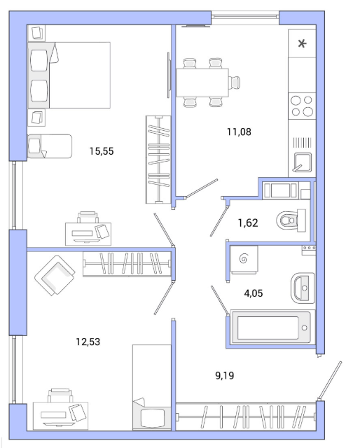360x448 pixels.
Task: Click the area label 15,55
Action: [102, 151]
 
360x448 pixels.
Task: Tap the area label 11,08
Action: [239, 132]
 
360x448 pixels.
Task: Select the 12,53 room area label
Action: [88, 342]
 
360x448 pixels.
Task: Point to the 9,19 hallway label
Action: [224, 375]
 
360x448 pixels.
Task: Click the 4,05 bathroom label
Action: [254, 293]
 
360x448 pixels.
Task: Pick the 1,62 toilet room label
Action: [248, 223]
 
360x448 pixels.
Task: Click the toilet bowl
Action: [291, 220]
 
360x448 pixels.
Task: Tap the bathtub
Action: [271, 328]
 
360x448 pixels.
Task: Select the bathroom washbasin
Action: [303, 288]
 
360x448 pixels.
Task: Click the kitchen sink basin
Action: [303, 162]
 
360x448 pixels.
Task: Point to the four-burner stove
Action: [302, 106]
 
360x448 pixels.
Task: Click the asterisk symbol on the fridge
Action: [302, 43]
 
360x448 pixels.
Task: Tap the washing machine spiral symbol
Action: [243, 259]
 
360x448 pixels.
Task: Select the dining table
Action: [202, 83]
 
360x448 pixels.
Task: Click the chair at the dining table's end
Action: [235, 83]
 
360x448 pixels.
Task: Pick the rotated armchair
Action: [55, 275]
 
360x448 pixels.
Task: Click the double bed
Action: [69, 75]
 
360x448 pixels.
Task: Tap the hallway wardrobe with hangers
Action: [246, 416]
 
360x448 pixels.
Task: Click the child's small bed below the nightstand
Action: [50, 146]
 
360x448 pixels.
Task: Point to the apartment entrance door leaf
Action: [330, 380]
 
